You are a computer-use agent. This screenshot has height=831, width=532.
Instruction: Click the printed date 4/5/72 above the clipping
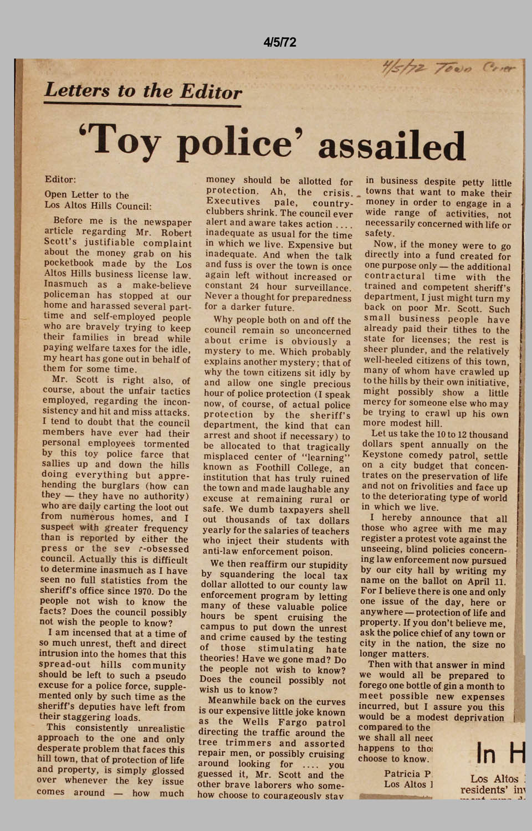(280, 43)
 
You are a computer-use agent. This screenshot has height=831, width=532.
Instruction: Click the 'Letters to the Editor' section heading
(143, 90)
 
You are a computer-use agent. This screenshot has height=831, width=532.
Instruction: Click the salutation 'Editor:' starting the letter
(60, 179)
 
